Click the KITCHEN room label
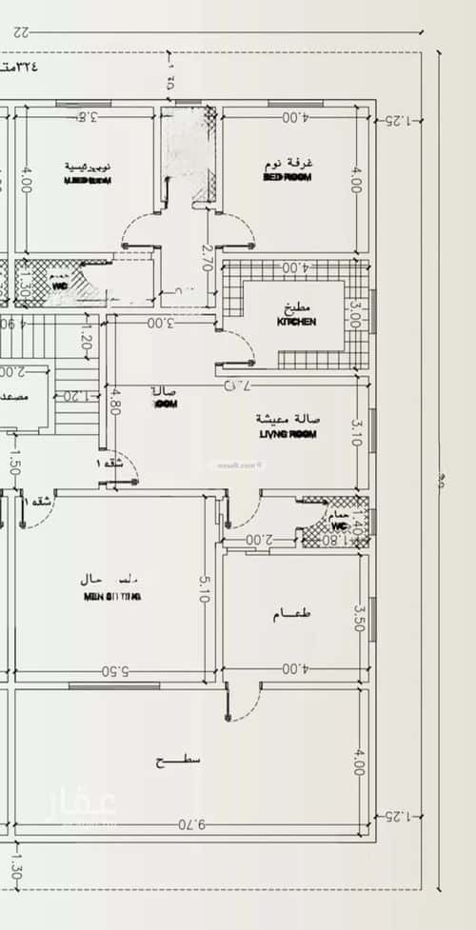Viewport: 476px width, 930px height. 296,322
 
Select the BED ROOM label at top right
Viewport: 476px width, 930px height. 288,177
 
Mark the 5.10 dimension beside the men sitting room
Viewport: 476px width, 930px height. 202,591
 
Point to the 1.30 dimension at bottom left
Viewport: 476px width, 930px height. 13,867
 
